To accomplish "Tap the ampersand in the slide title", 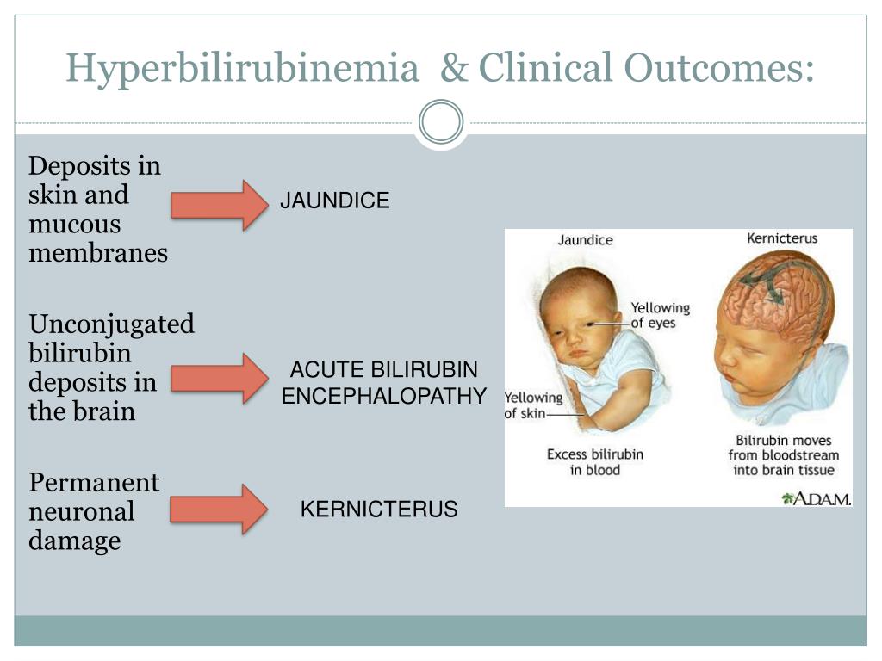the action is click(x=455, y=67).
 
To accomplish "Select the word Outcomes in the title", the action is click(x=719, y=67).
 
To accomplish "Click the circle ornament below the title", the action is click(x=441, y=122).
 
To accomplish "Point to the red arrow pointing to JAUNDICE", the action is click(x=220, y=205).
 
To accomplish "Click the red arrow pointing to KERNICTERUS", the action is click(x=219, y=509).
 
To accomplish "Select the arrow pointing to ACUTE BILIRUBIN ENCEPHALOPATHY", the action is click(x=220, y=379).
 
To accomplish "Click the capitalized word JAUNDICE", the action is click(x=335, y=201).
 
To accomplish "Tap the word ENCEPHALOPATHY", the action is click(x=383, y=396).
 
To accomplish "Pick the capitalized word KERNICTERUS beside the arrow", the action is click(x=379, y=510).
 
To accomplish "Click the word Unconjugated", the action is click(x=111, y=325).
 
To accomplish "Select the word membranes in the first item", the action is click(x=98, y=253).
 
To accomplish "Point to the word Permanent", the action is click(x=94, y=482).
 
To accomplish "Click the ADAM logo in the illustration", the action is click(x=817, y=498).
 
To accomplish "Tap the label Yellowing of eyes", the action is click(x=661, y=315).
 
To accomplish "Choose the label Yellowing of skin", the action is click(x=533, y=405).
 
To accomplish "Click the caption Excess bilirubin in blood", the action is click(x=595, y=462).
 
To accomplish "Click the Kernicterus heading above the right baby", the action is click(x=782, y=238).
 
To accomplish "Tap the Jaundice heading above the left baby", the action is click(x=585, y=240).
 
